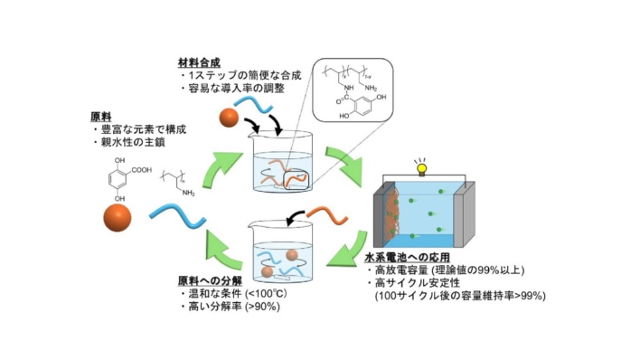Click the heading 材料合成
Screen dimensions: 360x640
click(x=202, y=62)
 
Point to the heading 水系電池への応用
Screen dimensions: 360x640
click(x=403, y=257)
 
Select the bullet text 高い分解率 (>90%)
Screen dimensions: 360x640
click(x=229, y=308)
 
